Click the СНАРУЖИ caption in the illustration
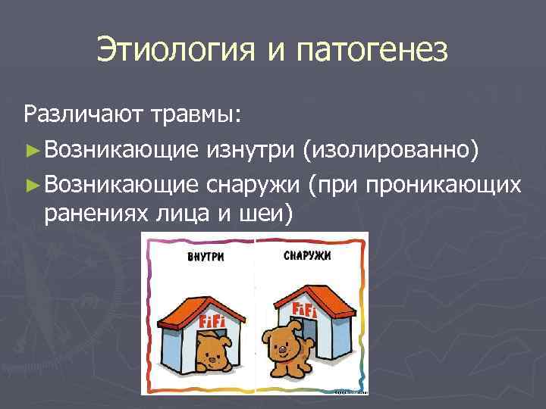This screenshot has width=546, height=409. [307, 255]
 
